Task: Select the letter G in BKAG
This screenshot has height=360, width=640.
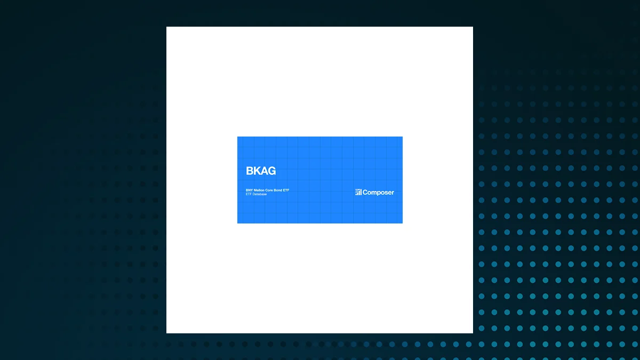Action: tap(272, 171)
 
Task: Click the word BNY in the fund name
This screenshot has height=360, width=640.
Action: tap(249, 190)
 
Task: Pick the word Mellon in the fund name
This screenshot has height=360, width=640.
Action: tap(259, 190)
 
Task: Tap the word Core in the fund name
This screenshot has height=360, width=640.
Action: tap(269, 190)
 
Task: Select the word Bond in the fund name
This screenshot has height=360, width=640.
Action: tap(278, 190)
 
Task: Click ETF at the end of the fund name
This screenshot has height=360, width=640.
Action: tap(286, 190)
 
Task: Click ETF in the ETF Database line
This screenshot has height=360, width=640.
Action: tap(249, 194)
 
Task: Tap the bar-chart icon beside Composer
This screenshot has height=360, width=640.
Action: tap(358, 193)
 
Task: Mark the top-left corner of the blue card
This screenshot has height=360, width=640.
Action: tap(237, 137)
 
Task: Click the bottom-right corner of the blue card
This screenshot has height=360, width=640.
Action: tap(402, 223)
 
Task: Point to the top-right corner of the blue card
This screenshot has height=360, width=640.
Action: tap(402, 137)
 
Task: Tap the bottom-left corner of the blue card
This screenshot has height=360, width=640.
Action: tap(237, 223)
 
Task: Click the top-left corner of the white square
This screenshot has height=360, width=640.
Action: tap(166, 27)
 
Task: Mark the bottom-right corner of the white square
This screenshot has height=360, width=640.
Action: tap(473, 333)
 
